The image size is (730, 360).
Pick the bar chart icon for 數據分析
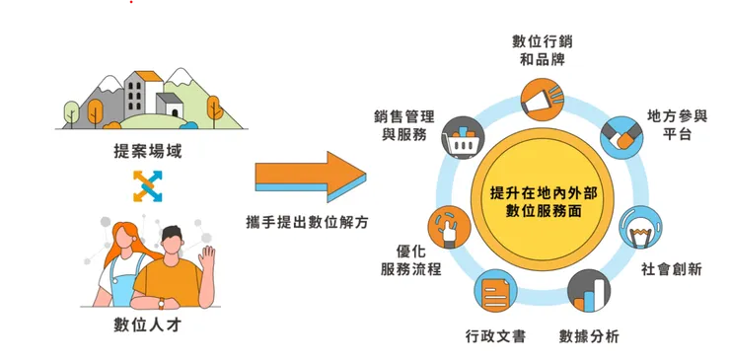click(x=589, y=291)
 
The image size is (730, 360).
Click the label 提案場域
click(x=148, y=152)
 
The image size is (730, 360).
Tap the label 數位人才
click(x=148, y=326)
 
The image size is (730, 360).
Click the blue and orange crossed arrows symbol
click(x=147, y=184)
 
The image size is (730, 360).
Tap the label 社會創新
click(x=671, y=269)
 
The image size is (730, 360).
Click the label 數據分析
click(x=589, y=336)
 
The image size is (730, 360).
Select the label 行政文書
click(x=495, y=336)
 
